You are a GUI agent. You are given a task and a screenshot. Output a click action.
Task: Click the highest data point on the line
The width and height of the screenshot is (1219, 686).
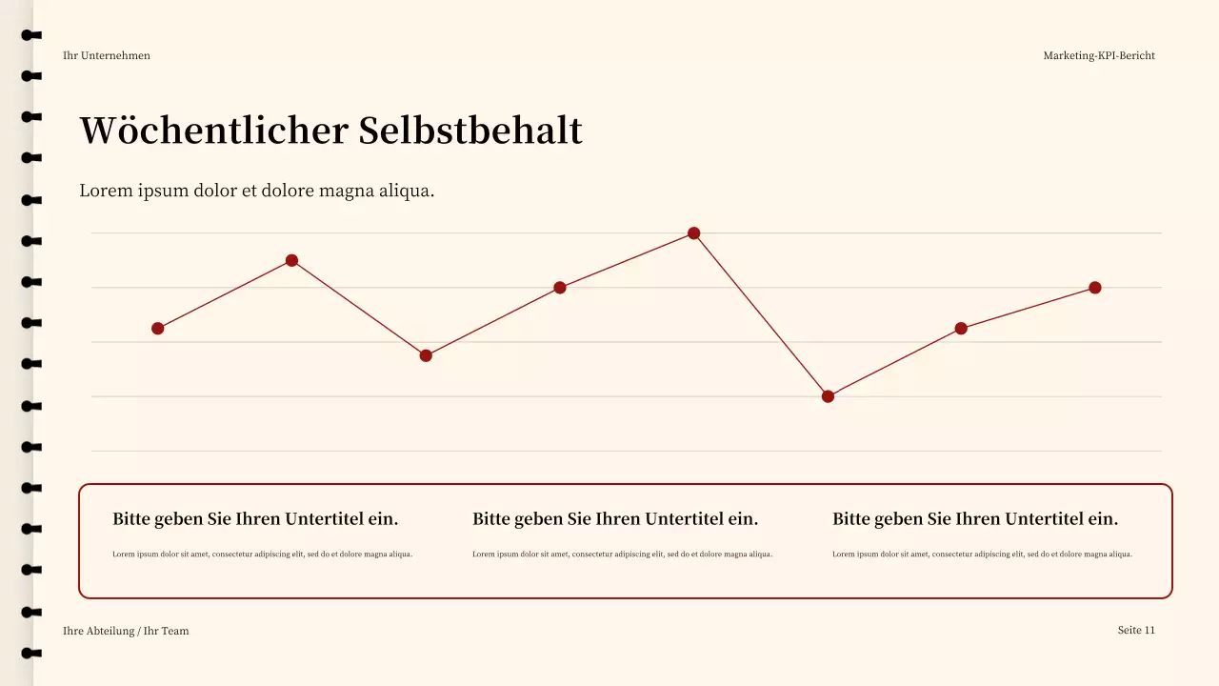pyautogui.click(x=693, y=233)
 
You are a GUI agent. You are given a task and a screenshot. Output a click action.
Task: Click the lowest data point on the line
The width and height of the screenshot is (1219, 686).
pyautogui.click(x=828, y=396)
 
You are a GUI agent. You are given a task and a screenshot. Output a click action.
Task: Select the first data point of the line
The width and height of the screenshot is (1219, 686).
pyautogui.click(x=158, y=329)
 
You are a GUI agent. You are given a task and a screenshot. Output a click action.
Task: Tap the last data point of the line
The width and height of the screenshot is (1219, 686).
pyautogui.click(x=1095, y=288)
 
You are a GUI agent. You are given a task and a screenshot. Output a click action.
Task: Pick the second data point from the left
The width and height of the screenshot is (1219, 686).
pyautogui.click(x=292, y=261)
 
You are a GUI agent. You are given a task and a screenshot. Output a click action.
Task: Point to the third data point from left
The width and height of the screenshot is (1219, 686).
pyautogui.click(x=426, y=355)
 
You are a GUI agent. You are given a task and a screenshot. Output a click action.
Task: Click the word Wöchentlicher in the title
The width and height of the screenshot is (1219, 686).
pyautogui.click(x=213, y=131)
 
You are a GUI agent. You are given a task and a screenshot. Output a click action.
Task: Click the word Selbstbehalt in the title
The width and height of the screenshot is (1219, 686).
pyautogui.click(x=470, y=131)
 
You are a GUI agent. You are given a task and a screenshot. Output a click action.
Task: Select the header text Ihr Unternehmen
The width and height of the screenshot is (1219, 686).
pyautogui.click(x=107, y=55)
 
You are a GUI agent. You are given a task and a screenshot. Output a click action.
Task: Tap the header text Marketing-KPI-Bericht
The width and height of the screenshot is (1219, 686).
pyautogui.click(x=1099, y=55)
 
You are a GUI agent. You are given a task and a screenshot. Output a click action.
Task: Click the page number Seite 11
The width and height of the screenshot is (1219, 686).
pyautogui.click(x=1136, y=630)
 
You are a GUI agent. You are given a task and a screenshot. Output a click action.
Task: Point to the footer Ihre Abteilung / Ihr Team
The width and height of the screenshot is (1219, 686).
pyautogui.click(x=126, y=631)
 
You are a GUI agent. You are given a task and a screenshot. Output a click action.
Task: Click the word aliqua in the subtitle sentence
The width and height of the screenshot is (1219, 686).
pyautogui.click(x=407, y=191)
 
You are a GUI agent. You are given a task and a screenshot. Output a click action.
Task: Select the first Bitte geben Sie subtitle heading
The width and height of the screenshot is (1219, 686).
pyautogui.click(x=255, y=519)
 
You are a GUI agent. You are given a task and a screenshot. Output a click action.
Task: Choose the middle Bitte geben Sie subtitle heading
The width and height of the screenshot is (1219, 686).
pyautogui.click(x=615, y=519)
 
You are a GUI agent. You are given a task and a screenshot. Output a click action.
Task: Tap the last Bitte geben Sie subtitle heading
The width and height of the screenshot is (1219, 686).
pyautogui.click(x=975, y=519)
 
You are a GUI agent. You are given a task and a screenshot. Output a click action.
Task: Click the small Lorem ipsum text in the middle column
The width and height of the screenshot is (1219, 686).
pyautogui.click(x=622, y=555)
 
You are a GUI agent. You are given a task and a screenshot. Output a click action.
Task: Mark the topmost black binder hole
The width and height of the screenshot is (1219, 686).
pyautogui.click(x=31, y=35)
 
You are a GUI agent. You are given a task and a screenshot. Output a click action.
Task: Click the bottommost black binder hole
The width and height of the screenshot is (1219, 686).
pyautogui.click(x=31, y=653)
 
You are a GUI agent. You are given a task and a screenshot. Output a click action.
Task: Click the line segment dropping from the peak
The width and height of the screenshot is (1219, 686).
pyautogui.click(x=761, y=315)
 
